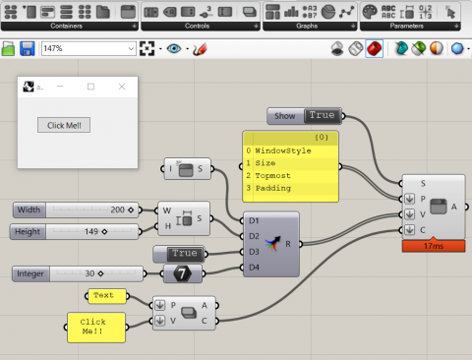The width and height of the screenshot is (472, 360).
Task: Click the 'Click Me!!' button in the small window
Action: [62, 125]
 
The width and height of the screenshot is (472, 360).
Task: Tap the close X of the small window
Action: [122, 87]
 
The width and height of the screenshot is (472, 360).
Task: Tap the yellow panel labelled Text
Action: [103, 295]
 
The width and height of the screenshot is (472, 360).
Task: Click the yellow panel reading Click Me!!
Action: [95, 328]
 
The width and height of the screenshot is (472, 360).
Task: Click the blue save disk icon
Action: [28, 48]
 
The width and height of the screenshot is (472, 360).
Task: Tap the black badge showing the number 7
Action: [181, 272]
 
